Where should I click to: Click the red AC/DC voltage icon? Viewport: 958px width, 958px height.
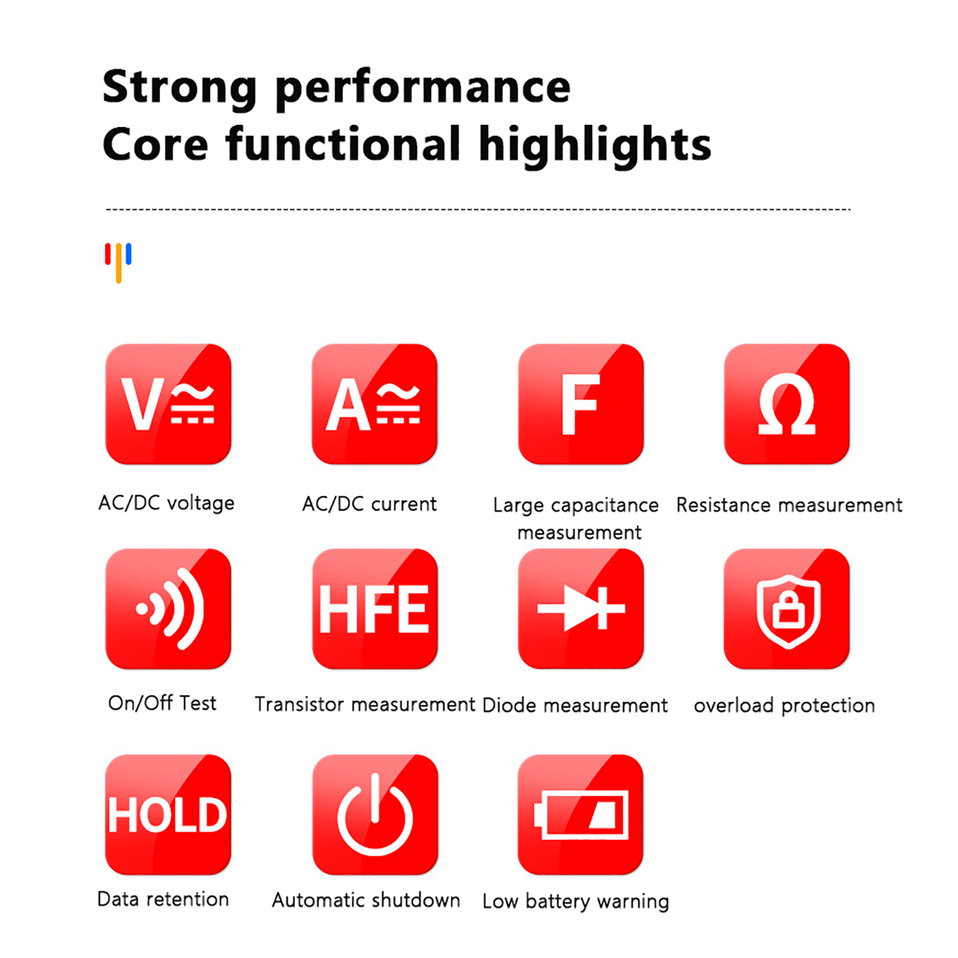tap(168, 404)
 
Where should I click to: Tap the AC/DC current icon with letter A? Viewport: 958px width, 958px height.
tap(375, 404)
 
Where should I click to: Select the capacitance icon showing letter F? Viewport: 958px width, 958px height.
tap(581, 404)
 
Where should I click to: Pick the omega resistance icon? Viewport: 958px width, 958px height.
tap(787, 404)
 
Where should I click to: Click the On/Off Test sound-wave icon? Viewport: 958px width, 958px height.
tap(168, 609)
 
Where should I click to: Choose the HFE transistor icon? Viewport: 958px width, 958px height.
tap(375, 609)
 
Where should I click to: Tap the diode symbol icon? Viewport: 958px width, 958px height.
tap(581, 609)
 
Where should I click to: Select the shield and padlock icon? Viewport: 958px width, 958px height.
tap(787, 609)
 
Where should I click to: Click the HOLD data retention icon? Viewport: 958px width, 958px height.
tap(168, 815)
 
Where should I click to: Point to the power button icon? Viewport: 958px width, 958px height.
tap(375, 815)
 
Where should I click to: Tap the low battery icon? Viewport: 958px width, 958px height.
tap(581, 815)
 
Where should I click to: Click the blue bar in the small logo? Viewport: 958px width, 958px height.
tap(129, 254)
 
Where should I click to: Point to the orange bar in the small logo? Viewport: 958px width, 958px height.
tap(119, 263)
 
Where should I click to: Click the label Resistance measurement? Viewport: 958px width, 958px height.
tap(789, 505)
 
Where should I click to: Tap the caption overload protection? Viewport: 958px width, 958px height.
tap(784, 705)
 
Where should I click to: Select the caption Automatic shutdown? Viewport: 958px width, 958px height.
tap(366, 900)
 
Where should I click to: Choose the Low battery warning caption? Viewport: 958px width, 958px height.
tap(575, 902)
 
